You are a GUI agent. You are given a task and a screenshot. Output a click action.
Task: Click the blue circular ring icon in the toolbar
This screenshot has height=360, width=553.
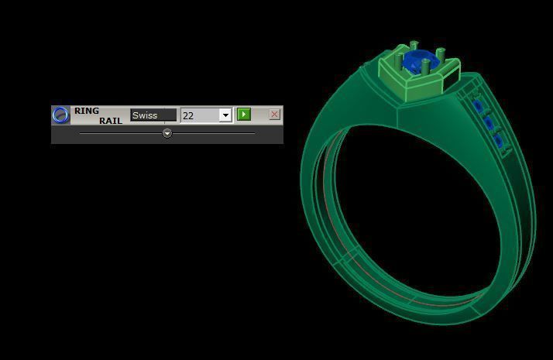pyautogui.click(x=61, y=115)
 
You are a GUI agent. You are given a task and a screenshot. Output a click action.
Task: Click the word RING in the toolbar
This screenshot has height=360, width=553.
pyautogui.click(x=87, y=111)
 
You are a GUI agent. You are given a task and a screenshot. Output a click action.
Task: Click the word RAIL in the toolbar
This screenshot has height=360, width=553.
pyautogui.click(x=111, y=121)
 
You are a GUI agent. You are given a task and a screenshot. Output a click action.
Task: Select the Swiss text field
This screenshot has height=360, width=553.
pyautogui.click(x=153, y=115)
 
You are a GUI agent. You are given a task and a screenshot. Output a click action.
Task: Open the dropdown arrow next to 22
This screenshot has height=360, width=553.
pyautogui.click(x=225, y=115)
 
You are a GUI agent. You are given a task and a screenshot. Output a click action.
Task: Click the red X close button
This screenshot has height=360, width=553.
pyautogui.click(x=274, y=115)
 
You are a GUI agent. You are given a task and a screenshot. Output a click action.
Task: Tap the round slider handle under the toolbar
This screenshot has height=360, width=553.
pyautogui.click(x=167, y=133)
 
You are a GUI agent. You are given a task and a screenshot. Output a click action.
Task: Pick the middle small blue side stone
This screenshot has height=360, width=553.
pyautogui.click(x=489, y=123)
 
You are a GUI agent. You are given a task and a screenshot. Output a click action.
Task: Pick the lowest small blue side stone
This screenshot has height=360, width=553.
pyautogui.click(x=500, y=140)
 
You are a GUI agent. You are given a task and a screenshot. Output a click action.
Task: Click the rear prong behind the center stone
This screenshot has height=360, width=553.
pyautogui.click(x=414, y=46)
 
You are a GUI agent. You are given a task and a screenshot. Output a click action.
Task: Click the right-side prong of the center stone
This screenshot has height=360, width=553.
pyautogui.click(x=441, y=56)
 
